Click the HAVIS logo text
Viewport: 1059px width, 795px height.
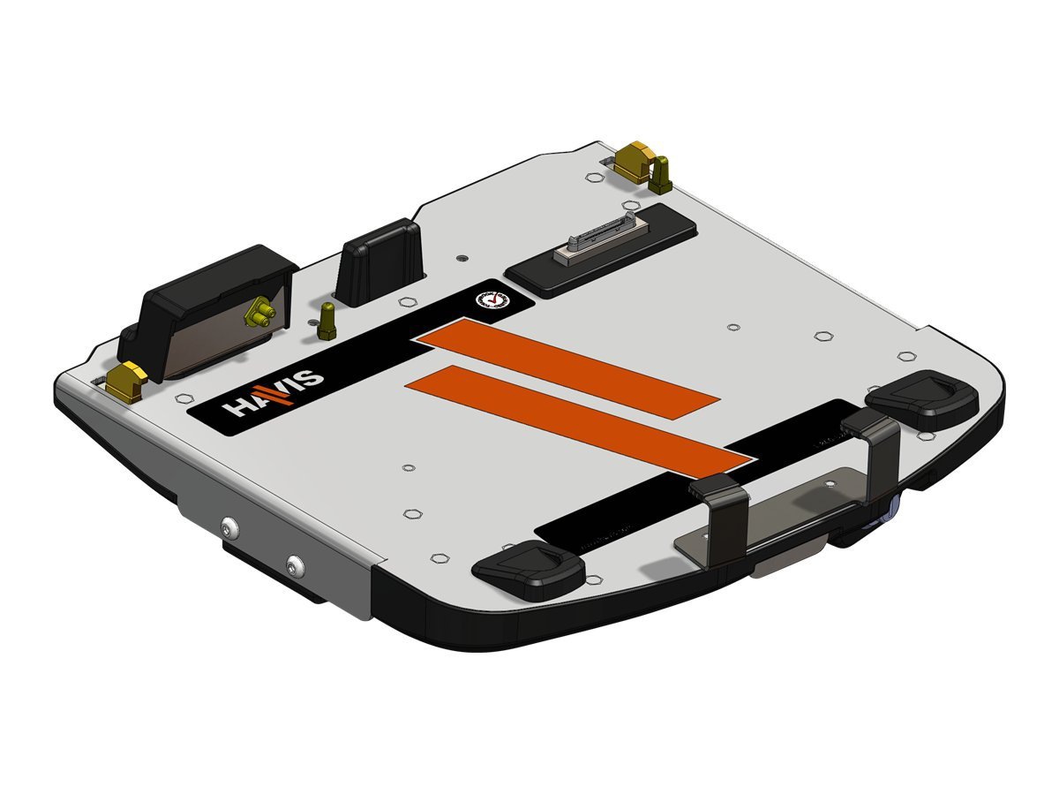pos(274,394)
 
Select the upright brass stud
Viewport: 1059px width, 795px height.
pos(327,319)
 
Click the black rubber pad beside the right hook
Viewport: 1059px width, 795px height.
pos(923,404)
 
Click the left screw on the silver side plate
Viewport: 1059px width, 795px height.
pos(230,527)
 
